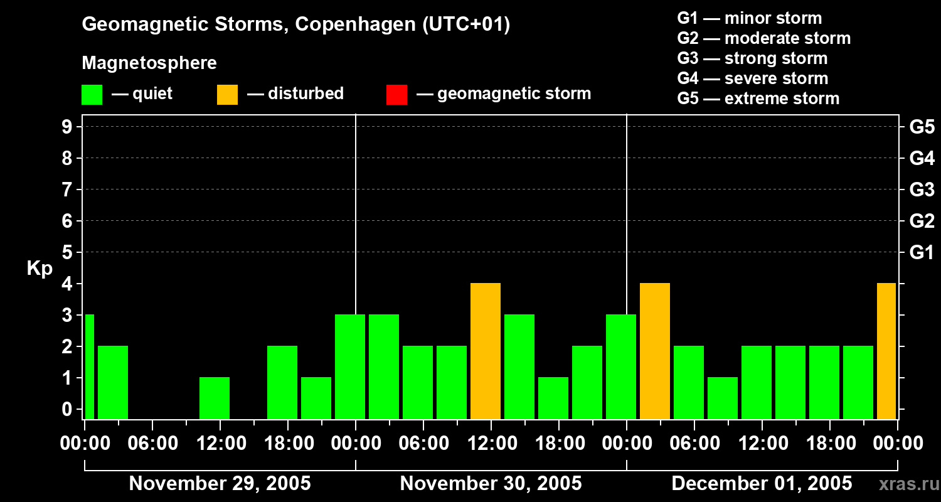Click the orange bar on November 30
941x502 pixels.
[486, 351]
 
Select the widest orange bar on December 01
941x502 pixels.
[655, 351]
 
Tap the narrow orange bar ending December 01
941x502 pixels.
[886, 351]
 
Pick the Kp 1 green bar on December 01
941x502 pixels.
[723, 398]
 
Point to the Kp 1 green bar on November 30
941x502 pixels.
[553, 398]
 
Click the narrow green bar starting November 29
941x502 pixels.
[89, 366]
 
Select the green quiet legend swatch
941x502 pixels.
[92, 95]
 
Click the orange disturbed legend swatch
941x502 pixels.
[227, 95]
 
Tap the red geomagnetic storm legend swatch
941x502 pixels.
[396, 95]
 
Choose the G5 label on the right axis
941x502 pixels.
[922, 127]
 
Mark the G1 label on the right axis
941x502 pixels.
[922, 253]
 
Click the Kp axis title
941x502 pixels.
[40, 269]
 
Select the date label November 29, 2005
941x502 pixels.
[220, 484]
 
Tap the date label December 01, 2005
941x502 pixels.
[762, 484]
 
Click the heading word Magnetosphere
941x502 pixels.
[149, 63]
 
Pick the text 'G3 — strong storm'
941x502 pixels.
[752, 58]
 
